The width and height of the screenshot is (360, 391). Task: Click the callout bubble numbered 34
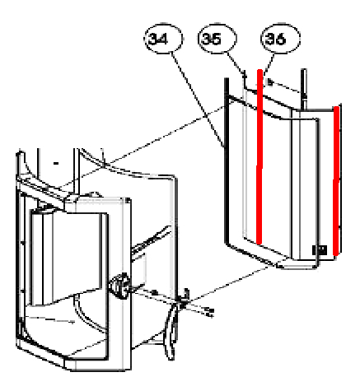tap(164, 39)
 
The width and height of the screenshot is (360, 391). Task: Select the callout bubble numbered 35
tap(217, 39)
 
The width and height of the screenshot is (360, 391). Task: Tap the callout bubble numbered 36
tap(280, 39)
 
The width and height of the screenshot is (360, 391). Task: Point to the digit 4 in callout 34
tap(163, 39)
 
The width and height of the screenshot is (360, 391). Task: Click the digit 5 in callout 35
tap(216, 39)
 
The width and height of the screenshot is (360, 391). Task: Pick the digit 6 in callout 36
tap(281, 39)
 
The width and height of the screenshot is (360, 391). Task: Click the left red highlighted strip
tap(259, 156)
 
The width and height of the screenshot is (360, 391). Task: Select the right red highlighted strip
tap(336, 181)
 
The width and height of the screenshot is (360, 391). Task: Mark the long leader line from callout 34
tap(198, 100)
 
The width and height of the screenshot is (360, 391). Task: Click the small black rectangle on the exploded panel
tap(320, 249)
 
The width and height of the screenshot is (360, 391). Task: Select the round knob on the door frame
tap(119, 286)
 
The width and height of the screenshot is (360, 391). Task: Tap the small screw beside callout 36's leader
tap(270, 81)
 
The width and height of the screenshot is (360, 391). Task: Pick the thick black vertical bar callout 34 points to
tap(227, 161)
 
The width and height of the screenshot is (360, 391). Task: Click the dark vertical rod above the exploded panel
tap(303, 89)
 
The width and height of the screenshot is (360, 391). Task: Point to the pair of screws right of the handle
tap(209, 313)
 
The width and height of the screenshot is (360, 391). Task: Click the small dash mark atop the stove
tap(56, 164)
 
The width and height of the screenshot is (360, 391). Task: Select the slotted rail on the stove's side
tap(151, 238)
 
